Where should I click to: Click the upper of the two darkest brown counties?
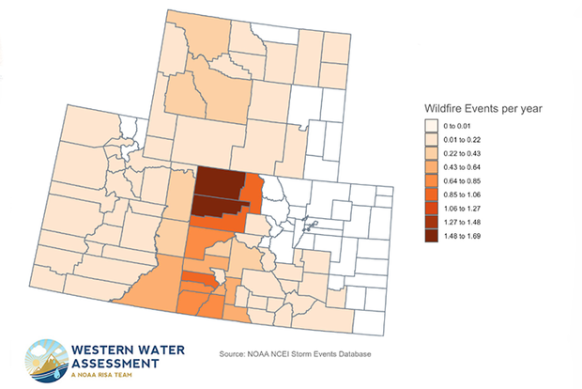(222, 182)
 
